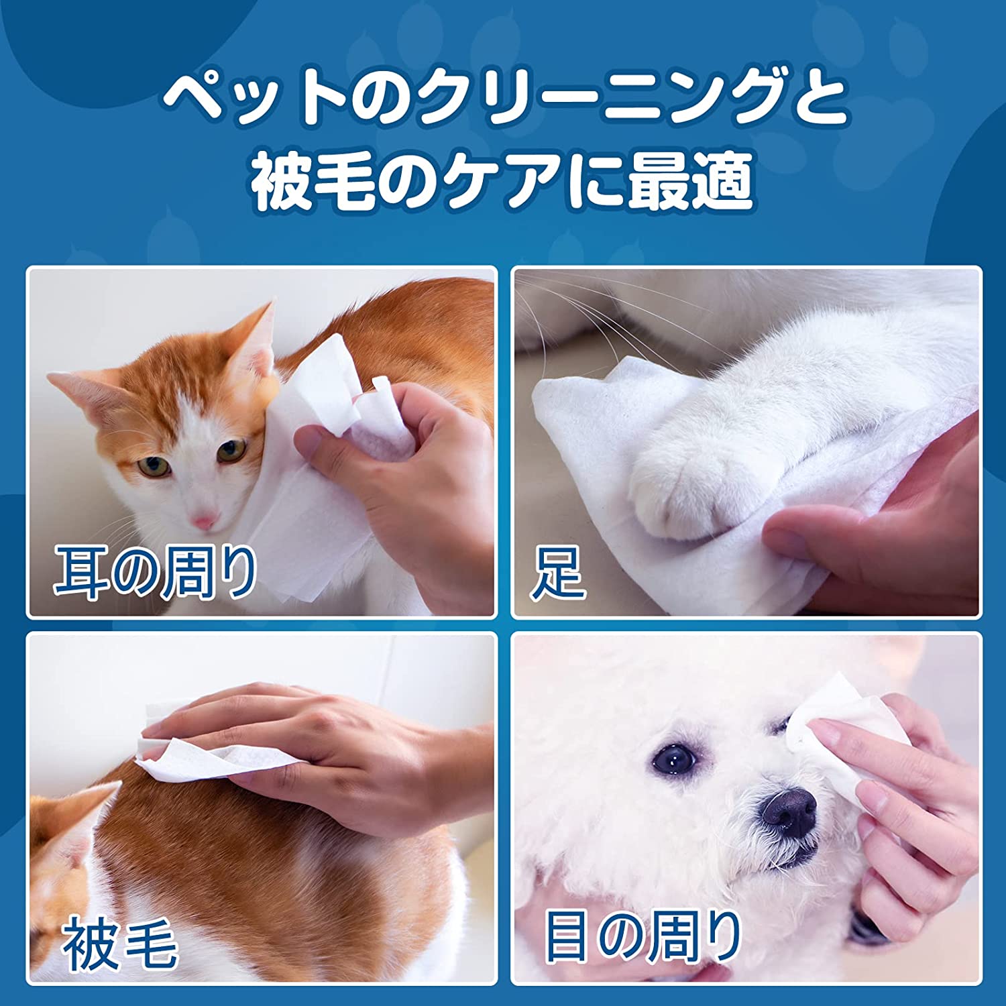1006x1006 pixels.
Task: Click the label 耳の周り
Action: coord(156,571)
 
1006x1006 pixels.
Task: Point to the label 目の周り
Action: coord(642,935)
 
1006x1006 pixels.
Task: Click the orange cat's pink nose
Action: coord(204,520)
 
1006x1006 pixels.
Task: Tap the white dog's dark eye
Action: coord(675,759)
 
